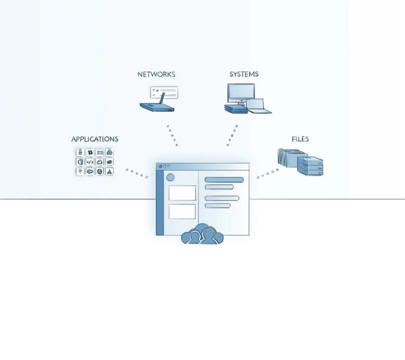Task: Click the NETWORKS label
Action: click(x=156, y=74)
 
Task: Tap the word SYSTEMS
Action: click(x=244, y=74)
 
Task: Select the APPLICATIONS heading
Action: click(x=95, y=139)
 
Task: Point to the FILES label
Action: click(x=300, y=139)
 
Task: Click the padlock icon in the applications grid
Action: click(x=80, y=152)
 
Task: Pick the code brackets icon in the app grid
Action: click(x=90, y=162)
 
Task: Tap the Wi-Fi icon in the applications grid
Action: click(x=80, y=171)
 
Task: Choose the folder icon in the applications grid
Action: click(x=100, y=152)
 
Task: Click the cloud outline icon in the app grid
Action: click(x=100, y=162)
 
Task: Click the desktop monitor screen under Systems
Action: click(x=241, y=92)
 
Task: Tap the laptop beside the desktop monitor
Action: click(x=258, y=106)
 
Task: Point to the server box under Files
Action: click(x=310, y=166)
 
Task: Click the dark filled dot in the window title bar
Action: click(x=160, y=166)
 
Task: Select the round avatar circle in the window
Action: click(x=170, y=177)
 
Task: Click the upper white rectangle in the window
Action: click(x=182, y=193)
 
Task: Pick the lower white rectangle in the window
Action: click(x=182, y=211)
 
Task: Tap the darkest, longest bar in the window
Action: click(x=224, y=180)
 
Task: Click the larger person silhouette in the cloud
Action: click(x=209, y=236)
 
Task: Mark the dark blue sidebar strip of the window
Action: click(x=160, y=202)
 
